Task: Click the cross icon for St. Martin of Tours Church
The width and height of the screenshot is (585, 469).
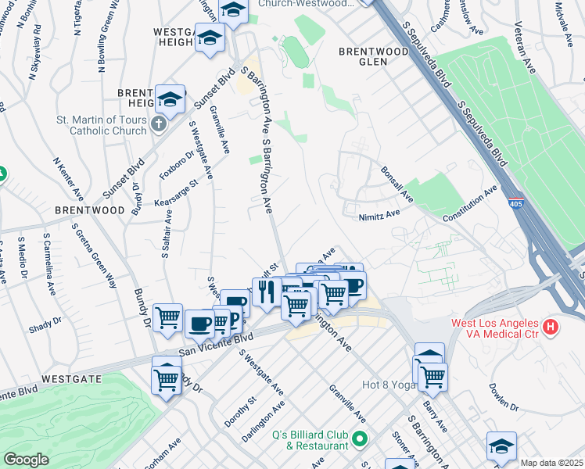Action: pos(159,124)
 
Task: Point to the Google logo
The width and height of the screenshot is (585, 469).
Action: pos(26,460)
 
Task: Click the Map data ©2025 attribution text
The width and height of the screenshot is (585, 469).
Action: pos(552,463)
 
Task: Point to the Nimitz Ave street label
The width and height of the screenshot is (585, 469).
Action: pos(379,213)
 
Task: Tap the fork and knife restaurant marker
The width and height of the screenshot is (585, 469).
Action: pos(267,292)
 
